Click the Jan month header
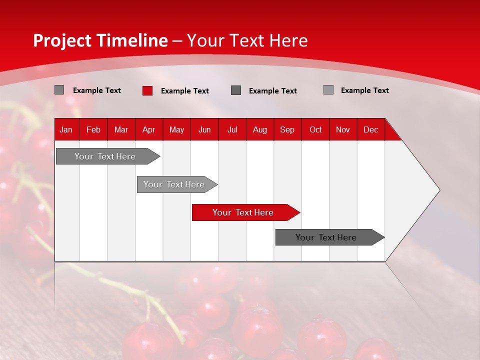tap(66, 129)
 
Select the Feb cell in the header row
tap(93, 129)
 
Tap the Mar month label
tap(121, 129)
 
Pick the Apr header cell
tap(148, 129)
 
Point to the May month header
tap(176, 129)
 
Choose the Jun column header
tap(204, 129)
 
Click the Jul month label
tap(232, 129)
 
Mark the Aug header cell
tap(260, 129)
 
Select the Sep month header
tap(287, 129)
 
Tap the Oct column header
tap(315, 129)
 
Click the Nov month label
tap(343, 129)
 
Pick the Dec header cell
tap(371, 129)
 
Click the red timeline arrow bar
tap(243, 212)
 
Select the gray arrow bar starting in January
tap(105, 156)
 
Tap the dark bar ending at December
tap(326, 237)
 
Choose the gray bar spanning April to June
tap(174, 184)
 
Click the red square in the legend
tap(147, 90)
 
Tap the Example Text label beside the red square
tap(185, 91)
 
